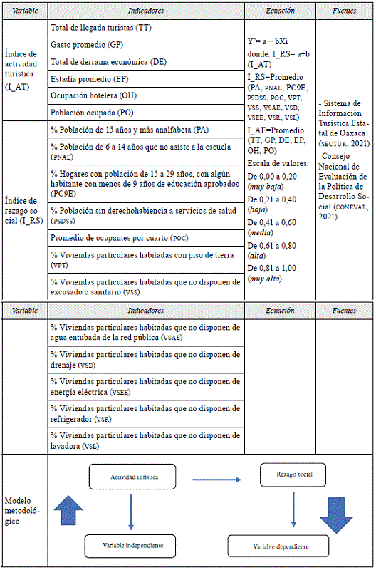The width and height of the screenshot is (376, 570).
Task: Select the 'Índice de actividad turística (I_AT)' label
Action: click(x=24, y=69)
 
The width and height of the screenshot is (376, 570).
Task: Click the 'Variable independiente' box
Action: click(x=128, y=545)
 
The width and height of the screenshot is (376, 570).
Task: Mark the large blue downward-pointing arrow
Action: click(x=335, y=511)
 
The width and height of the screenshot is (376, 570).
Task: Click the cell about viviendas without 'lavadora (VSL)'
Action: click(x=146, y=440)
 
